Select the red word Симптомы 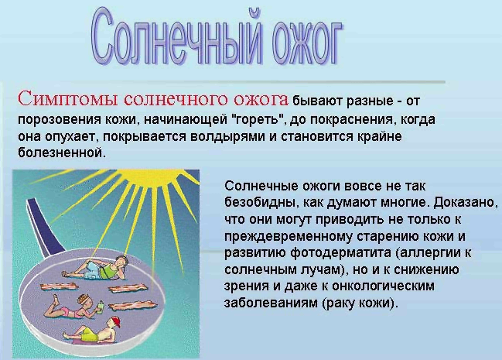pos(68,99)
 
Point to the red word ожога pos(261,99)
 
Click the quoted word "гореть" pos(258,119)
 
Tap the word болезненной pos(61,153)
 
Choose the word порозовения pos(60,119)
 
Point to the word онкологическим pos(383,286)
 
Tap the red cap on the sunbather pos(115,321)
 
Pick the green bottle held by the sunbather pos(101,306)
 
